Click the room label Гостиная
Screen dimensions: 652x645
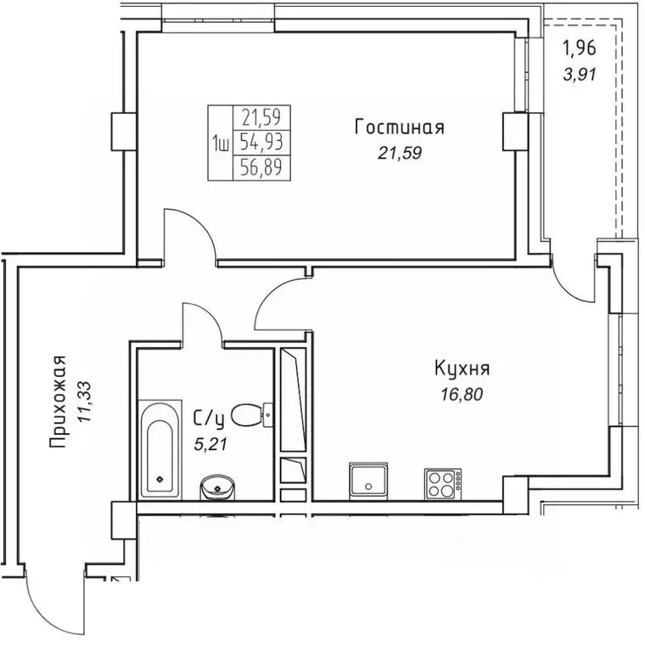399,128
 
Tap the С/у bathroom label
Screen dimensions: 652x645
209,417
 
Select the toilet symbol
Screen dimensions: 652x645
250,415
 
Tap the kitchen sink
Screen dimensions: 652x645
368,481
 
